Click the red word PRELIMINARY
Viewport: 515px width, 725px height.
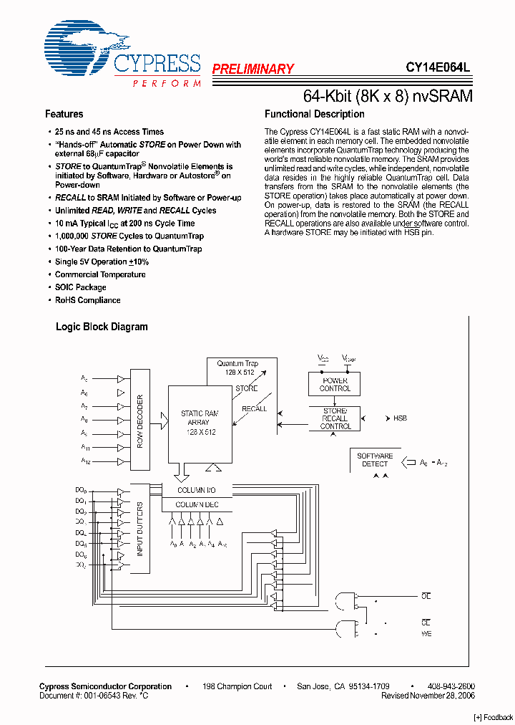[x=252, y=69]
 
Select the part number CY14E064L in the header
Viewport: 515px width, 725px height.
[x=438, y=68]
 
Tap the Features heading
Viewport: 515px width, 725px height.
[x=64, y=114]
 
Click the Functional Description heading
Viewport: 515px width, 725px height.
[x=314, y=114]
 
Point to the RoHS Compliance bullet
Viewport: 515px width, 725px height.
[x=87, y=300]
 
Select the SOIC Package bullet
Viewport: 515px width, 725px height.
[x=80, y=287]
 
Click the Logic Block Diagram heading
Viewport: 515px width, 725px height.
[x=102, y=327]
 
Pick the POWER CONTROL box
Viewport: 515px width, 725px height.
[x=335, y=384]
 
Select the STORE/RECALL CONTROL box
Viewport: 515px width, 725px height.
[x=335, y=418]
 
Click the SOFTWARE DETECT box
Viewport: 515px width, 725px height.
[x=375, y=460]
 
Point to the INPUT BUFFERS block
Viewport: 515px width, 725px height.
[x=139, y=529]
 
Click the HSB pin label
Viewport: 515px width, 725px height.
[x=400, y=418]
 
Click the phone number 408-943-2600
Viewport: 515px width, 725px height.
[x=451, y=686]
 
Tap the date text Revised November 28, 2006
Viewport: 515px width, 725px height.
[x=428, y=696]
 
